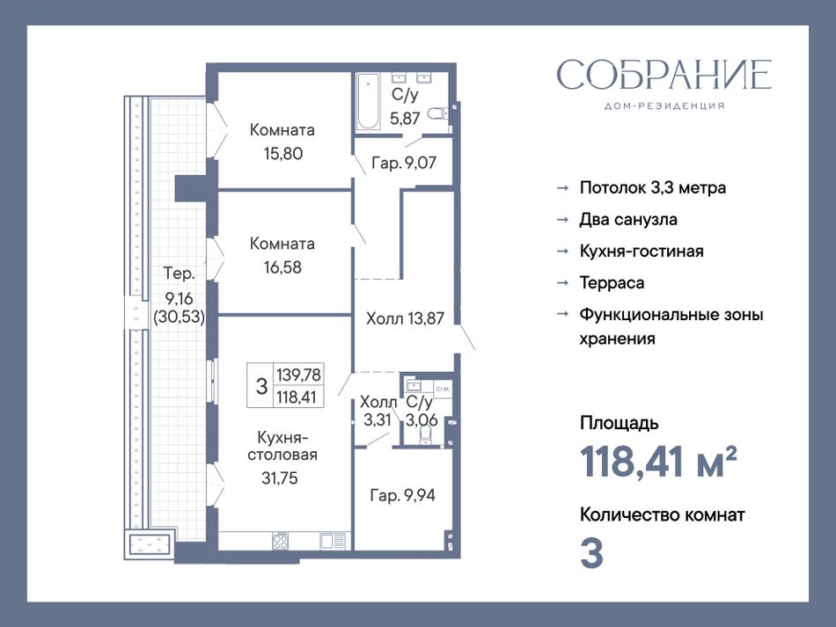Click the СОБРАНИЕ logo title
click(x=664, y=74)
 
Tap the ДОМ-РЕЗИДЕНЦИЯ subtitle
click(x=664, y=106)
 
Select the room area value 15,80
click(x=283, y=153)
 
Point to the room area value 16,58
click(x=282, y=266)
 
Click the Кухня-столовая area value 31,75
click(x=279, y=478)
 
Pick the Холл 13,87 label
click(x=405, y=318)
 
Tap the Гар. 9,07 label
click(x=404, y=163)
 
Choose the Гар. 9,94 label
click(x=402, y=495)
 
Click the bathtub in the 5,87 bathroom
click(x=369, y=101)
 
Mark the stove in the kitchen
click(x=281, y=541)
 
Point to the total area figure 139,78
click(x=298, y=375)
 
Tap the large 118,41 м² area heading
click(x=658, y=462)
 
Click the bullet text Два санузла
click(x=628, y=220)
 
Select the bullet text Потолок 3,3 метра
click(x=653, y=188)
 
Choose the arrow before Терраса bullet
click(x=562, y=283)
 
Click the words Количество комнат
click(x=662, y=515)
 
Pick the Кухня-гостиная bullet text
click(x=642, y=251)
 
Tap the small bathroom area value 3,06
click(x=422, y=420)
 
